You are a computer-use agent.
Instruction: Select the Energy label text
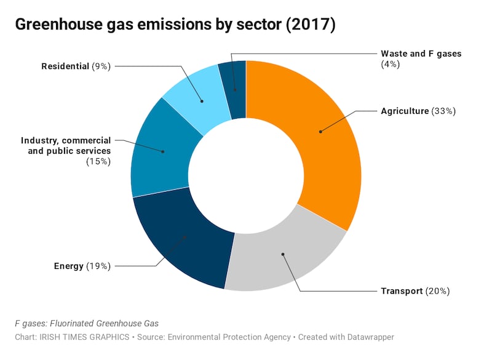tap(68, 266)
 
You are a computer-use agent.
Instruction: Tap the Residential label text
tap(65, 66)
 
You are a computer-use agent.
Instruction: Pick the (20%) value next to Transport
tap(438, 290)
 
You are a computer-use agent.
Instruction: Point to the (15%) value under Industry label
tap(99, 161)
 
